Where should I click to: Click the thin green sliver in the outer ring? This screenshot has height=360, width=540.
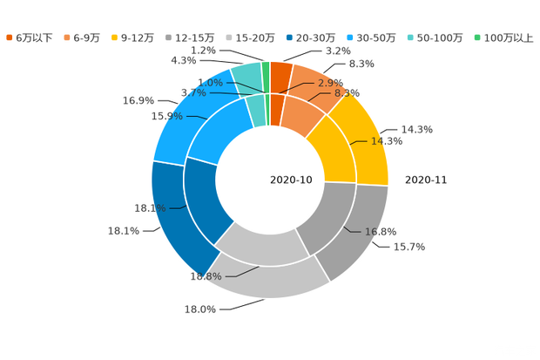pyautogui.click(x=266, y=70)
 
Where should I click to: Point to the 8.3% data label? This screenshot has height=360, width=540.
pyautogui.click(x=348, y=92)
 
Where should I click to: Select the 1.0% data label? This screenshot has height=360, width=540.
pyautogui.click(x=210, y=83)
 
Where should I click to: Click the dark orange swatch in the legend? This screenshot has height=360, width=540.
pyautogui.click(x=9, y=37)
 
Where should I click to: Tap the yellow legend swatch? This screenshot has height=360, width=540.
pyautogui.click(x=116, y=37)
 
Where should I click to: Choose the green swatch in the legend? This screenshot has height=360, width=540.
pyautogui.click(x=476, y=37)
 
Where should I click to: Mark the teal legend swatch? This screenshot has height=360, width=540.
pyautogui.click(x=409, y=37)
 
